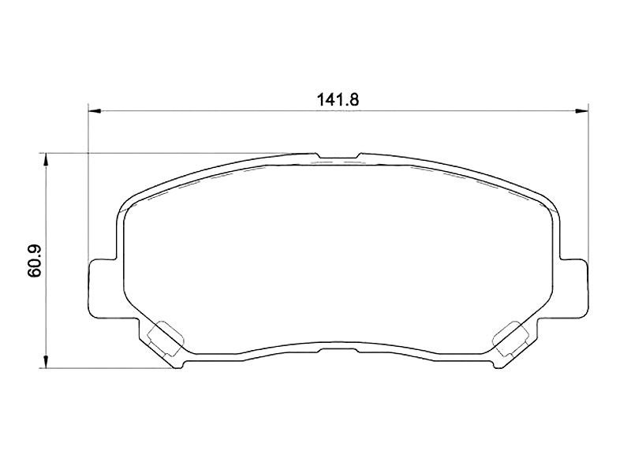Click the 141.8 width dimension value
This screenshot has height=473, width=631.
click(x=338, y=99)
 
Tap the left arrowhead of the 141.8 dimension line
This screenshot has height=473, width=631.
click(x=94, y=110)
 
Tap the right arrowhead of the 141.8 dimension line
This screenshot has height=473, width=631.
click(x=582, y=110)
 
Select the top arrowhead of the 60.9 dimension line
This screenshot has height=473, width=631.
click(x=47, y=159)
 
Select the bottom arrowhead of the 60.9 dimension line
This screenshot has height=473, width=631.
click(x=47, y=362)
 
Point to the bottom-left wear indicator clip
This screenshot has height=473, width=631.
click(x=166, y=339)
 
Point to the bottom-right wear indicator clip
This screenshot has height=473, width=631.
click(x=510, y=339)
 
